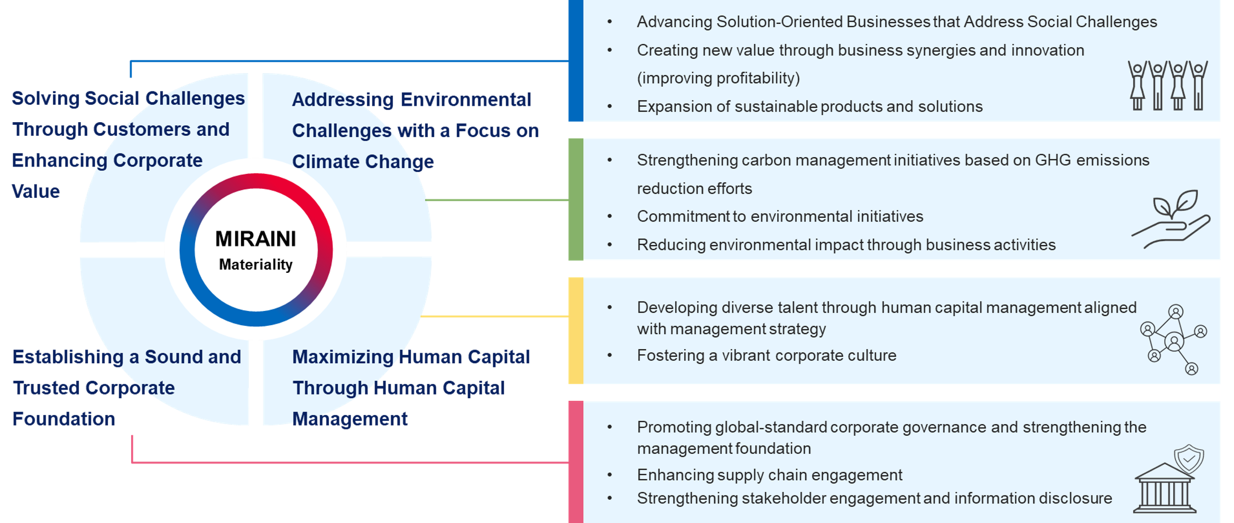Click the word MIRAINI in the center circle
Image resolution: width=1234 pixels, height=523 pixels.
click(x=256, y=239)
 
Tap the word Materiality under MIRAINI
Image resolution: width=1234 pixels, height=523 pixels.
click(x=256, y=264)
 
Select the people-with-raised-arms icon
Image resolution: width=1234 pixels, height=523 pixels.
click(x=1167, y=85)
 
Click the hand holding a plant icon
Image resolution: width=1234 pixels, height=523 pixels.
click(x=1171, y=219)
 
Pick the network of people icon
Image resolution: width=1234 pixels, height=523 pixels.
click(x=1174, y=340)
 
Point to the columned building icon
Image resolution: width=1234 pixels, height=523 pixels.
click(x=1164, y=488)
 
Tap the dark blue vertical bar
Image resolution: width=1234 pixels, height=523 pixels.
click(x=576, y=60)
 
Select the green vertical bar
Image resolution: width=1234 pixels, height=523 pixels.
click(x=576, y=199)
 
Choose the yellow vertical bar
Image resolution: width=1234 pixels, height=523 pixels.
click(x=576, y=331)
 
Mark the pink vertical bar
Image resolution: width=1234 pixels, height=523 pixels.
click(x=576, y=462)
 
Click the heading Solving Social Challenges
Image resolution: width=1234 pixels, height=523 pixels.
click(x=128, y=99)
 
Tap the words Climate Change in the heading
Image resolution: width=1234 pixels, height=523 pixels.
click(x=363, y=162)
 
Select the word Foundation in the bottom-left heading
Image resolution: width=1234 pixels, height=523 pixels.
click(x=64, y=419)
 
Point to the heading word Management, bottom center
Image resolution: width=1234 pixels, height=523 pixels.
click(x=350, y=419)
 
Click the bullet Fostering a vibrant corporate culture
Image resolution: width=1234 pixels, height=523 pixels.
click(x=767, y=355)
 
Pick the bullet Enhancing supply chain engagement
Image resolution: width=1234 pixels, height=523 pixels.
click(x=770, y=475)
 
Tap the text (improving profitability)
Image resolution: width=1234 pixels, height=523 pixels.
click(x=719, y=78)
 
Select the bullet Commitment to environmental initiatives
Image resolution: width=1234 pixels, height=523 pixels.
click(x=780, y=216)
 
